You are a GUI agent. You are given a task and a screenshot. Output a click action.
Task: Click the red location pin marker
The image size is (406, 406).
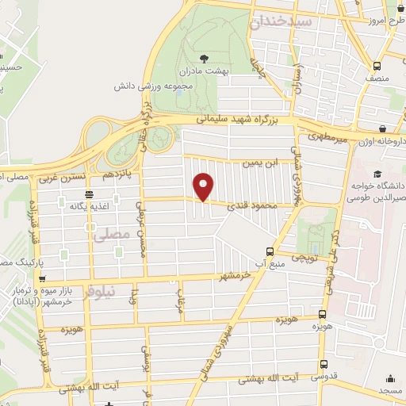point(204,186)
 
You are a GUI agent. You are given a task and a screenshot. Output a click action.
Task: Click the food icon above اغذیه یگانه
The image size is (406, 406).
point(88,194)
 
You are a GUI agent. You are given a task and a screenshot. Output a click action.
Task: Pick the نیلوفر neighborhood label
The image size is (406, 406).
point(121,289)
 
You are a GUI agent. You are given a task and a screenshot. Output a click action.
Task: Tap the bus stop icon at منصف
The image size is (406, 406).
point(377,65)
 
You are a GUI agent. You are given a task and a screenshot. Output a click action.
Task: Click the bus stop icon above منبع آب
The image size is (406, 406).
point(271,249)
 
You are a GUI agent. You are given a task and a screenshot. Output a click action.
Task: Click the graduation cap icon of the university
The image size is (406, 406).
point(377,174)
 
